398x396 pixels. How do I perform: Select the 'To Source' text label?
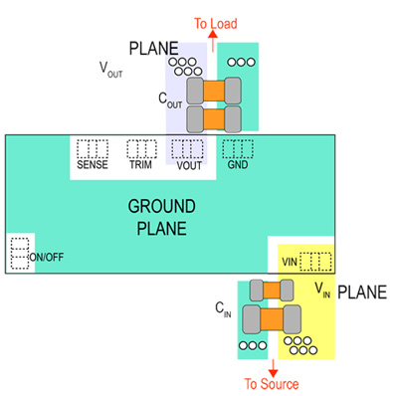271,384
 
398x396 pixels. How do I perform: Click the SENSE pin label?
92,165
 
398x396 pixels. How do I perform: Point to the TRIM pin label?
140,165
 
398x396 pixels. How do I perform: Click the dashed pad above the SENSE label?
92,149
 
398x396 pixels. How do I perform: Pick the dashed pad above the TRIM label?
140,149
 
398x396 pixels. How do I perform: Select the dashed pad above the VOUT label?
187,149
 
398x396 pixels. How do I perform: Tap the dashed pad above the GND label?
237,149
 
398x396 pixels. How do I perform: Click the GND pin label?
238,165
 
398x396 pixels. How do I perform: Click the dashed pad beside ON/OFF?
17,254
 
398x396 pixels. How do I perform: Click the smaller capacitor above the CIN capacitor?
273,291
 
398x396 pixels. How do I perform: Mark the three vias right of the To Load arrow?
241,62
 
